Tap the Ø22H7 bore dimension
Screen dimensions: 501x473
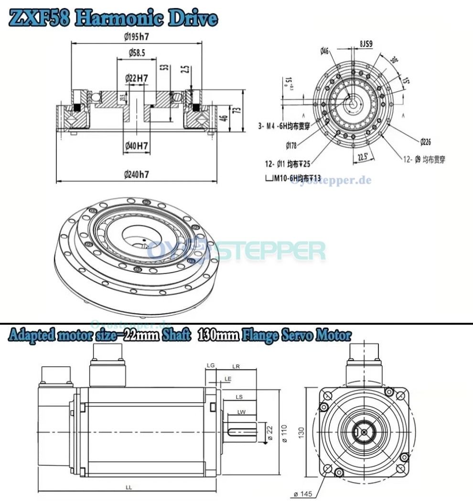pyautogui.click(x=136, y=77)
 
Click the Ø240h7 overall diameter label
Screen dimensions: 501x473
pyautogui.click(x=137, y=175)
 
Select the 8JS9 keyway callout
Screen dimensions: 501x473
pyautogui.click(x=366, y=44)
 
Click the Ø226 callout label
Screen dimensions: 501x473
pyautogui.click(x=426, y=141)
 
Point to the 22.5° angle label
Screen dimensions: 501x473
pyautogui.click(x=363, y=156)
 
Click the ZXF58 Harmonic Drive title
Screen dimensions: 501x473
pyautogui.click(x=113, y=18)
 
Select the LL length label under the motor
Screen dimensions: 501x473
pyautogui.click(x=129, y=487)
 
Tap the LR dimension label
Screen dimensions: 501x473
pyautogui.click(x=236, y=366)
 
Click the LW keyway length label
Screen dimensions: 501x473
pyautogui.click(x=241, y=411)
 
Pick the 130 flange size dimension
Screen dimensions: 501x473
pyautogui.click(x=301, y=432)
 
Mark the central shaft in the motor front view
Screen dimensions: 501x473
pyautogui.click(x=364, y=432)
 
